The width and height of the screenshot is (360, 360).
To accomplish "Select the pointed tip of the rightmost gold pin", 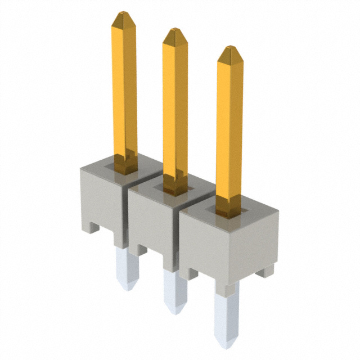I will [x=229, y=52].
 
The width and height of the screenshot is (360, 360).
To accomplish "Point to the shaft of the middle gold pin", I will [x=175, y=107].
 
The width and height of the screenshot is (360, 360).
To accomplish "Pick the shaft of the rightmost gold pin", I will [x=229, y=129].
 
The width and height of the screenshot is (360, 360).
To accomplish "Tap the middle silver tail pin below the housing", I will [x=174, y=290].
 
